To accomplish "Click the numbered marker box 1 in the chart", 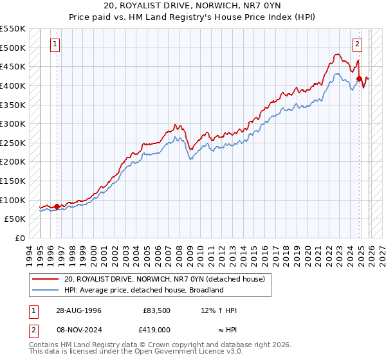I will (x=56, y=44).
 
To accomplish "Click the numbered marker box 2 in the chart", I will (x=357, y=44).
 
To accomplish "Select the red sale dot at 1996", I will (x=57, y=206).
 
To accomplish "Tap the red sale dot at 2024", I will (x=359, y=78).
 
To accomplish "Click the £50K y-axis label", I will (x=15, y=219).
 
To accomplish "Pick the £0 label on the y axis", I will (x=20, y=238).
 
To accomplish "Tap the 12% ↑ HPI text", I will (x=219, y=310).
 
